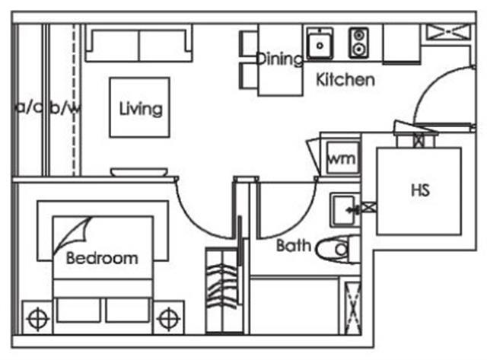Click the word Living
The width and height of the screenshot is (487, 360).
(141, 108)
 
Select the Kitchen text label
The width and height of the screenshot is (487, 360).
(345, 79)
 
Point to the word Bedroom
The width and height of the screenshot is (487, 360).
(102, 258)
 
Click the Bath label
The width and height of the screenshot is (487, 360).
(293, 246)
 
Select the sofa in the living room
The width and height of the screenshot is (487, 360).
(138, 43)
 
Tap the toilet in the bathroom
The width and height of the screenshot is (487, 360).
(335, 247)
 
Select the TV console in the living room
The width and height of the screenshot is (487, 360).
(138, 173)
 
